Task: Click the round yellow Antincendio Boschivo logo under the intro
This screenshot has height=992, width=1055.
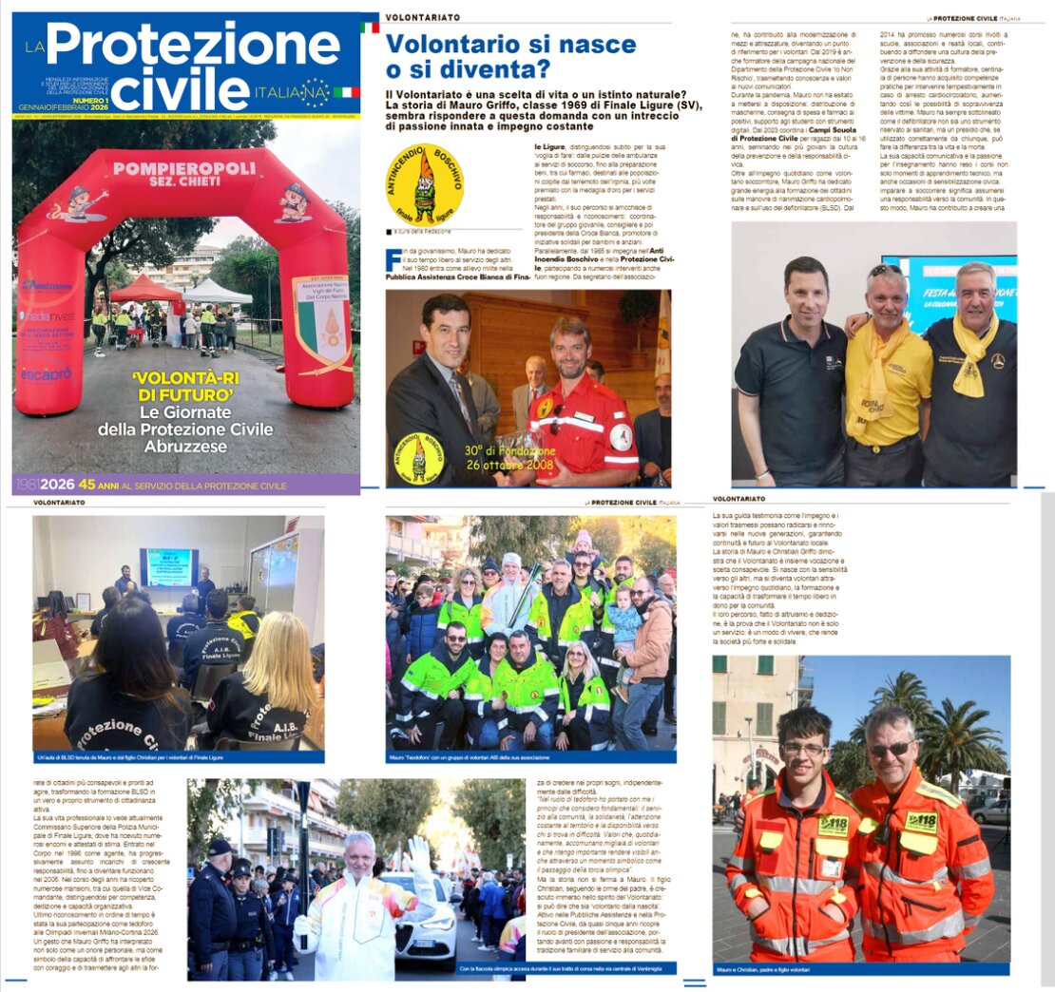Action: tap(424, 184)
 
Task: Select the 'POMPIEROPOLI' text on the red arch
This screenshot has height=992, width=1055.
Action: tap(184, 168)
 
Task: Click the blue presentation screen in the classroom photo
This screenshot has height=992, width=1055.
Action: tap(169, 566)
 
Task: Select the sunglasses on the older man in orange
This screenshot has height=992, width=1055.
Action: tap(891, 749)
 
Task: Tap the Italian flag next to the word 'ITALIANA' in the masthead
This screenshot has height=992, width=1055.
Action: tap(346, 92)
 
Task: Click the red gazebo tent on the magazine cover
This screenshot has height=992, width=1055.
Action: tap(144, 289)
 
